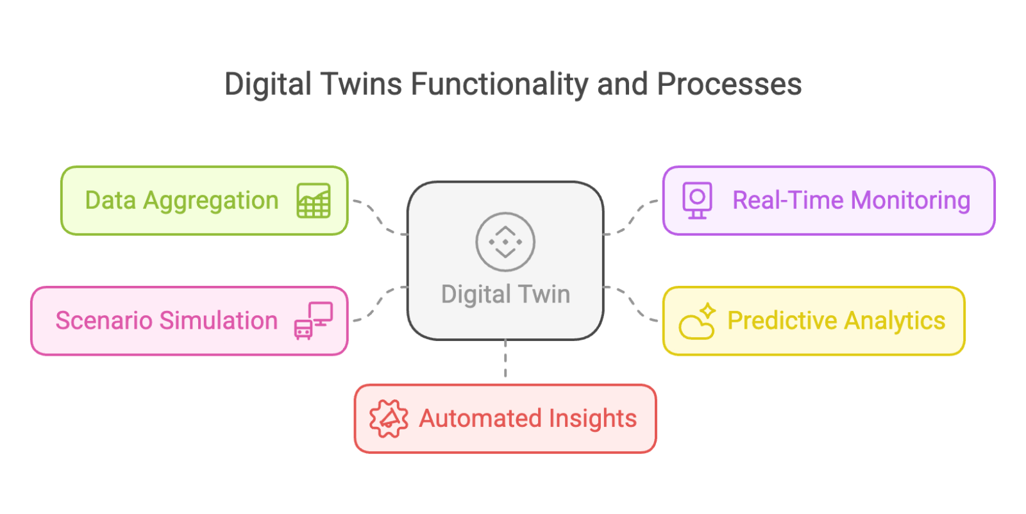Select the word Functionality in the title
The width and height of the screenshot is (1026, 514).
[499, 85]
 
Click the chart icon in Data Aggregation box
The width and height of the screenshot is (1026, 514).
[314, 201]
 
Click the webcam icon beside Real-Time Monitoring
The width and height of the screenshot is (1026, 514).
[697, 200]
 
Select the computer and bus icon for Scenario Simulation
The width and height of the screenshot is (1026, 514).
[314, 320]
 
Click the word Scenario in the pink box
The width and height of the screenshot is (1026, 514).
[104, 320]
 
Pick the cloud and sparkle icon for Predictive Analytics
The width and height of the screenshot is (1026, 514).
[697, 321]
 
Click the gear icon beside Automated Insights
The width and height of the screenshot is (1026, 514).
[388, 419]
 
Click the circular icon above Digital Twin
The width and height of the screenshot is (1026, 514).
[505, 242]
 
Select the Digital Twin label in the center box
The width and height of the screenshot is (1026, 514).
[505, 294]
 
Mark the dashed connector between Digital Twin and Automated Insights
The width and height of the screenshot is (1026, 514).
[505, 360]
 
